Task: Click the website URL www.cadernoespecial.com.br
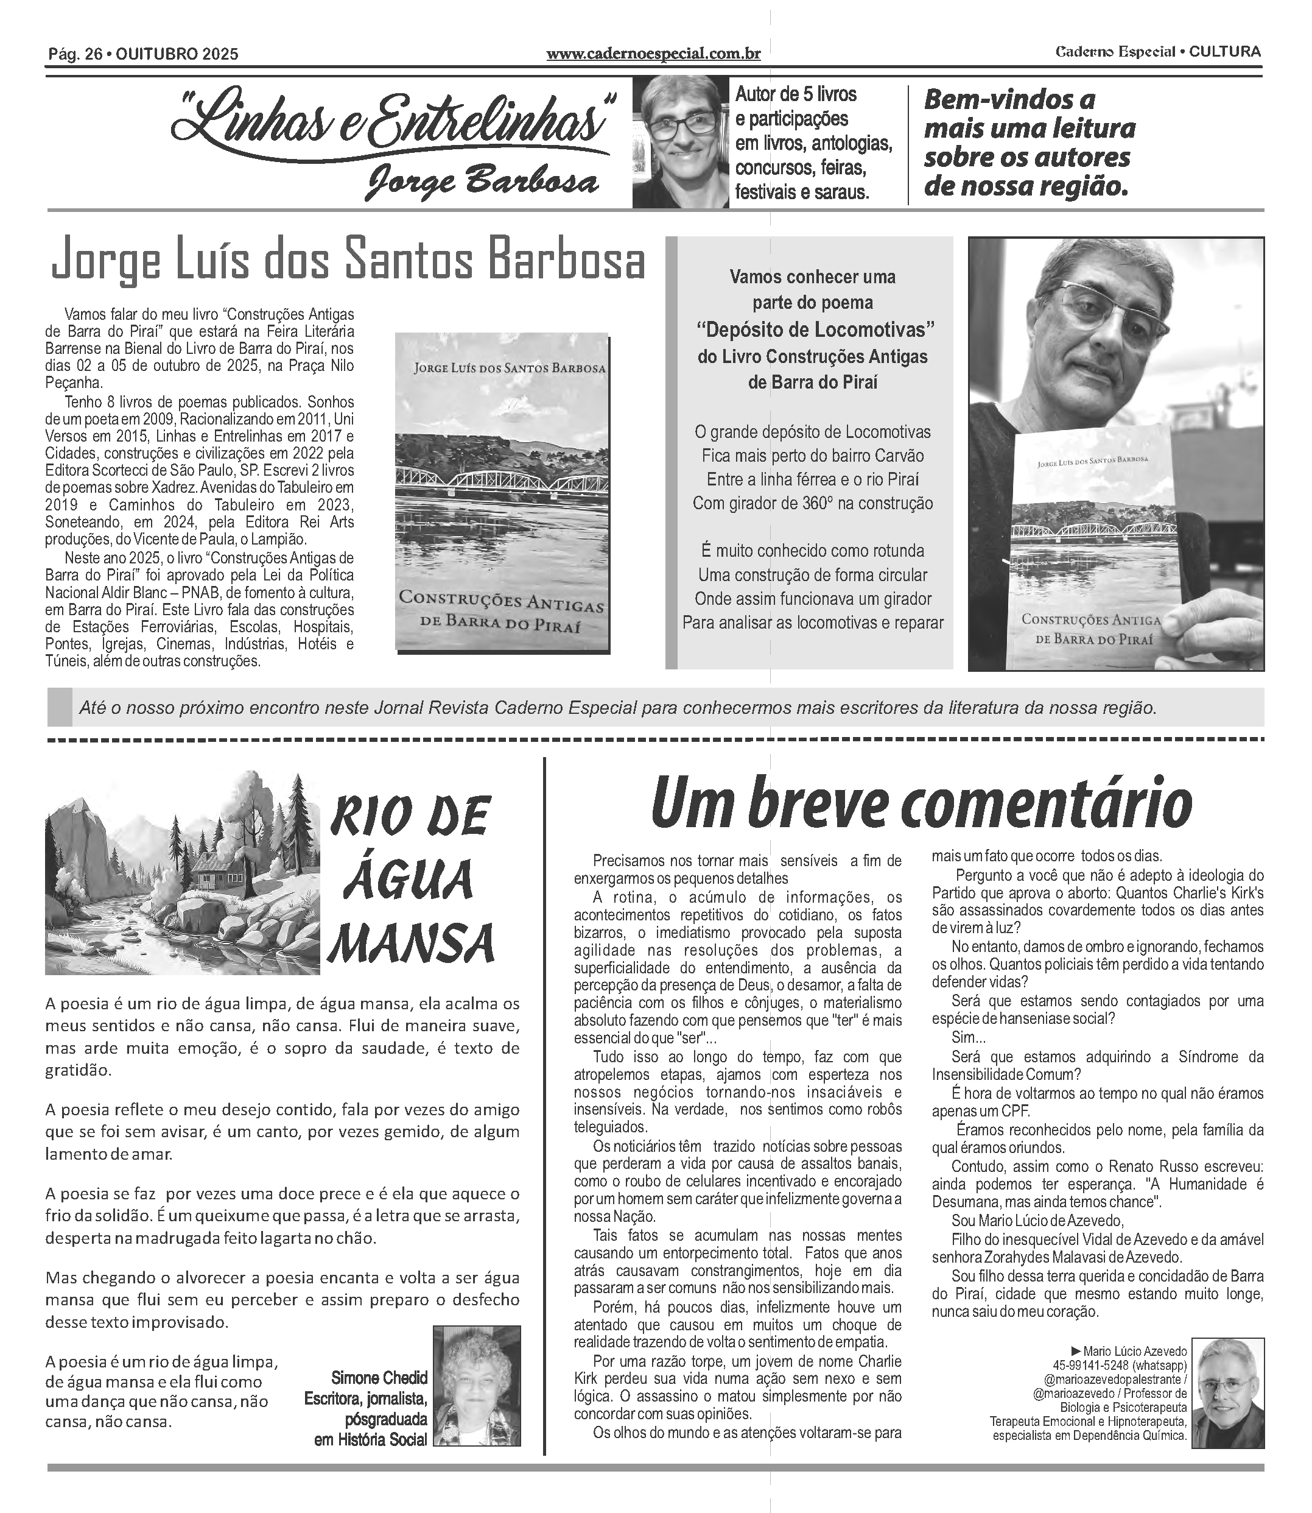pyautogui.click(x=653, y=54)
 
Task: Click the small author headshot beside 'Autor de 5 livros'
pyautogui.click(x=680, y=143)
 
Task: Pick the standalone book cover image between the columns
pyautogui.click(x=502, y=492)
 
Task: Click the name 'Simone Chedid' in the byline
pyautogui.click(x=379, y=1378)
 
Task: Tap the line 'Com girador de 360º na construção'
pyautogui.click(x=813, y=504)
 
